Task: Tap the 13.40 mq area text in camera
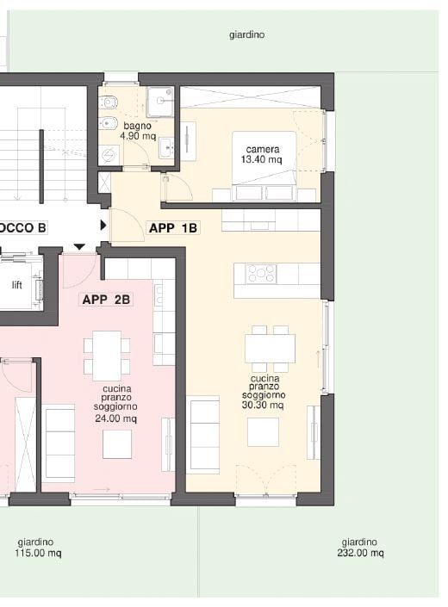pyautogui.click(x=263, y=159)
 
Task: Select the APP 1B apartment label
pyautogui.click(x=173, y=228)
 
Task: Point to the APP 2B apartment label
pyautogui.click(x=106, y=300)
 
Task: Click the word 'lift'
pyautogui.click(x=16, y=285)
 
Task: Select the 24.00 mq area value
pyautogui.click(x=116, y=418)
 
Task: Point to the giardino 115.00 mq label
pyautogui.click(x=36, y=548)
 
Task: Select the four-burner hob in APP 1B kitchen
pyautogui.click(x=262, y=274)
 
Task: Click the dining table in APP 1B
pyautogui.click(x=270, y=348)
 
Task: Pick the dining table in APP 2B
pyautogui.click(x=107, y=354)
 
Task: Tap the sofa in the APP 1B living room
pyautogui.click(x=203, y=434)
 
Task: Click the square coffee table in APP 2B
pyautogui.click(x=117, y=444)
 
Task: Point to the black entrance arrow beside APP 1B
pyautogui.click(x=103, y=226)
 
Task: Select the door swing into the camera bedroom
pyautogui.click(x=176, y=188)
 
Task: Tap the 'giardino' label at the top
pyautogui.click(x=246, y=35)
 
